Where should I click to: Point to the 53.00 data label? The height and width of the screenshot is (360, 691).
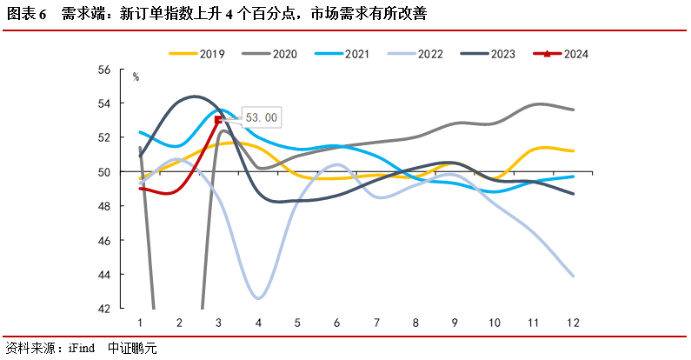[x=260, y=117]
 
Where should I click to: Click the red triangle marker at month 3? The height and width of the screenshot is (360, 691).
[x=218, y=120]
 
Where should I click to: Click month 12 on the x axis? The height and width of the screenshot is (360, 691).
[x=573, y=323]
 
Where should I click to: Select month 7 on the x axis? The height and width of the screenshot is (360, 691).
[x=376, y=323]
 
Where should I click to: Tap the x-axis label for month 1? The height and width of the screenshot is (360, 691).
[x=139, y=323]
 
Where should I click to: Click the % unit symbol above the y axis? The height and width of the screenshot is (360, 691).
[x=136, y=77]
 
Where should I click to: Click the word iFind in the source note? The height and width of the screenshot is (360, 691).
[x=82, y=349]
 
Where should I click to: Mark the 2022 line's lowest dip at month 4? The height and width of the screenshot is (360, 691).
[x=258, y=297]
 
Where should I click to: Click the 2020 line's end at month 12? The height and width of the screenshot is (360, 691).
[x=573, y=110]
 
